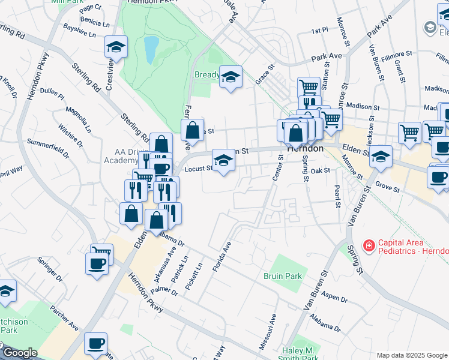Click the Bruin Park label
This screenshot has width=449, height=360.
pyautogui.click(x=282, y=276)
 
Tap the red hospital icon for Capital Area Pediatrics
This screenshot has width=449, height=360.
pyautogui.click(x=368, y=246)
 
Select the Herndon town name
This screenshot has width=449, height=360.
pyautogui.click(x=305, y=148)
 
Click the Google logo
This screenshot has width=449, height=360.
pyautogui.click(x=19, y=353)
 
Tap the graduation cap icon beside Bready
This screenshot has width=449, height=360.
pyautogui.click(x=230, y=77)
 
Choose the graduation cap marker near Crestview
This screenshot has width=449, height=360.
pyautogui.click(x=116, y=47)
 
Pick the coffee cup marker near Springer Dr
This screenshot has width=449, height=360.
pyautogui.click(x=97, y=263)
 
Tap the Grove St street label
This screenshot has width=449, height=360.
pyautogui.click(x=388, y=189)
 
